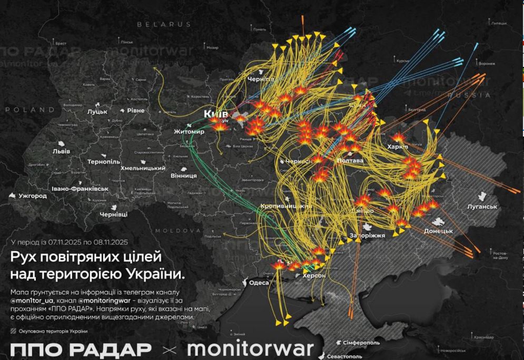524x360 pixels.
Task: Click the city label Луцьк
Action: tap(97, 112)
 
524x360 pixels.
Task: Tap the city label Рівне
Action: tap(135, 111)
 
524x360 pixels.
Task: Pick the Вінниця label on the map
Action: tap(184, 175)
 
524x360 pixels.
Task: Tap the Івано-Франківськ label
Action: tap(80, 188)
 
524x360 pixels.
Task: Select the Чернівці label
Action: tap(113, 215)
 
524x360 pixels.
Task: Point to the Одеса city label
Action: tap(259, 283)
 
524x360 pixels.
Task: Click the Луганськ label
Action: tap(482, 207)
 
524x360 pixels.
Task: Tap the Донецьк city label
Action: tap(438, 231)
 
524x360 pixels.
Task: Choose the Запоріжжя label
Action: tap(367, 236)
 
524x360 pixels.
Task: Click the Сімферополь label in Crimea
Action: tap(361, 343)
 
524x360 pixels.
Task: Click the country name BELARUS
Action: tap(164, 24)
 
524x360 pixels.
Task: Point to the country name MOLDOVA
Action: tap(178, 231)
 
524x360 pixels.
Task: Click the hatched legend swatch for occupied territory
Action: tap(13, 331)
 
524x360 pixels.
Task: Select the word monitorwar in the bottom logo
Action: tap(250, 348)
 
